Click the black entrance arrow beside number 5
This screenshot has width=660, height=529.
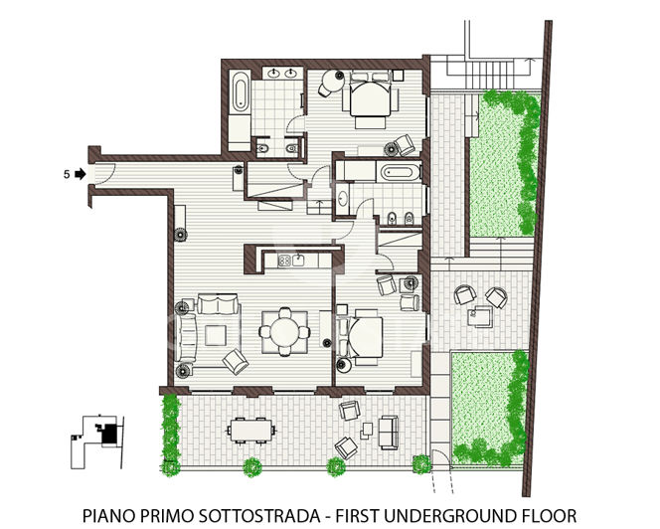80,174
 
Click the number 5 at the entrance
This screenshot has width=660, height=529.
66,174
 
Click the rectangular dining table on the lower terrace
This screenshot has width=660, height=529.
250,430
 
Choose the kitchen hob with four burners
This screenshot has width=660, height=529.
290,262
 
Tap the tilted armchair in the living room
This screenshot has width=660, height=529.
237,360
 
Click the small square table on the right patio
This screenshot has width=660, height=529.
480,317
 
